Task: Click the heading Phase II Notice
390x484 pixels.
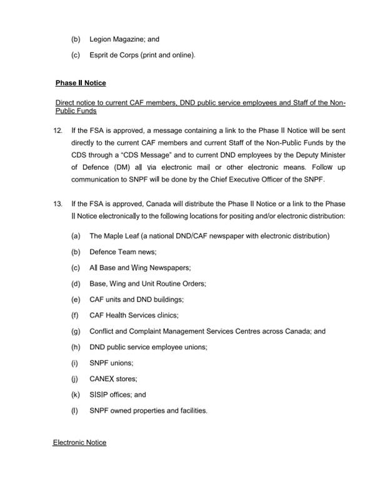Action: pyautogui.click(x=81, y=83)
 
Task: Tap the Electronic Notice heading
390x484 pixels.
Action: pyautogui.click(x=79, y=442)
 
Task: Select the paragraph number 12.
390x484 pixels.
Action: pyautogui.click(x=58, y=131)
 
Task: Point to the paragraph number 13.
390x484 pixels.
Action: pyautogui.click(x=58, y=204)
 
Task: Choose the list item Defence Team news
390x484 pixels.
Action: pyautogui.click(x=122, y=252)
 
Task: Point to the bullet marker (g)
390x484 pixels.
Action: pyautogui.click(x=76, y=332)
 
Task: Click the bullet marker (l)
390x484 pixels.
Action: pyautogui.click(x=76, y=411)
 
